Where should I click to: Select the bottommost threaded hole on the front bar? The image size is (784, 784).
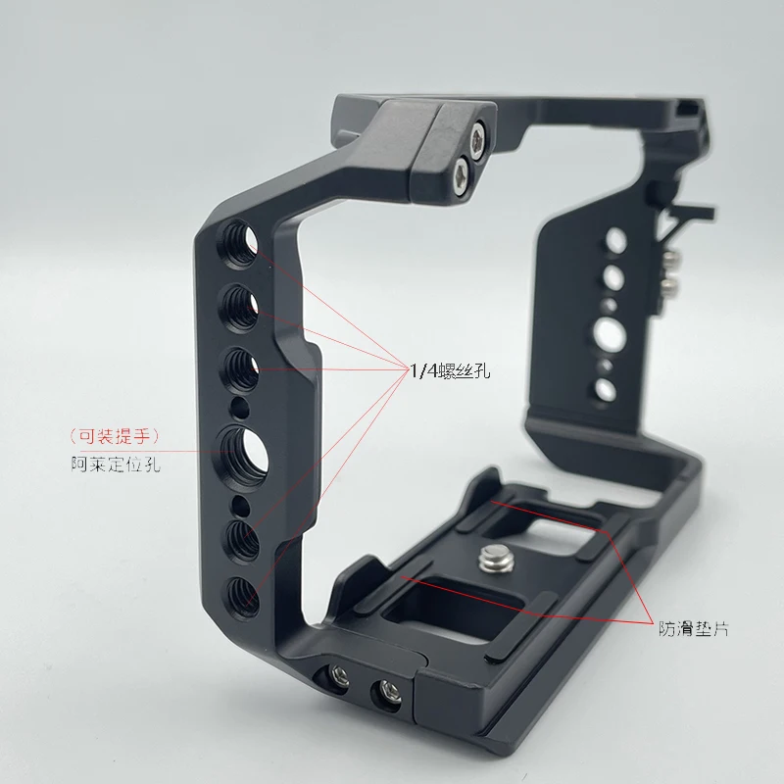[x=242, y=591]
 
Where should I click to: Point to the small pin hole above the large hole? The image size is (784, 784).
[x=236, y=404]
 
